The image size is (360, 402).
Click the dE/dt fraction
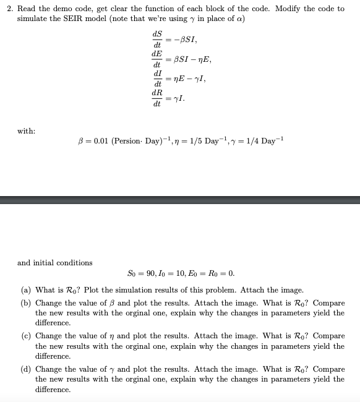click(156, 59)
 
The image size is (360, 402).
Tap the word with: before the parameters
click(27, 131)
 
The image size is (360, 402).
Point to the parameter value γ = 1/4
click(252, 141)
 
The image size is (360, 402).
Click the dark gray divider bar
click(180, 200)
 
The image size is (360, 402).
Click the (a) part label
click(27, 289)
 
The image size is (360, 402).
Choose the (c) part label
click(27, 336)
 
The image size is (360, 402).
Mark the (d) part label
click(27, 369)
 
